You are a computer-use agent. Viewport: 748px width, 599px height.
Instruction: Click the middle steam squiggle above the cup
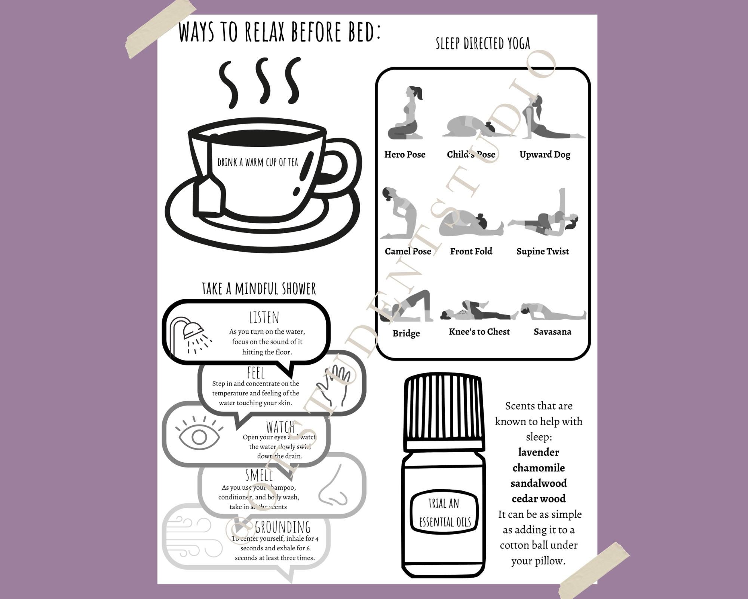pos(263,80)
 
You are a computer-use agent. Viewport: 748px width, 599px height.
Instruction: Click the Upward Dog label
pos(545,154)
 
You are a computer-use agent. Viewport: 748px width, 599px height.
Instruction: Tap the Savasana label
pos(552,332)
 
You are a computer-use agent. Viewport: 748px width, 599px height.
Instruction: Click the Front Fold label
pos(471,251)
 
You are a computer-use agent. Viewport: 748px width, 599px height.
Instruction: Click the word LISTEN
pos(264,317)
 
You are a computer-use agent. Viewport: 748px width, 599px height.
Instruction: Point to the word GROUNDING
pos(283,527)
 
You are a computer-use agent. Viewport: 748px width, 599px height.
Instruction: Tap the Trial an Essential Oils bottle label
pos(444,513)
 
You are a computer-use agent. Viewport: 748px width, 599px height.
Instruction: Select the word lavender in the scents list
pos(538,452)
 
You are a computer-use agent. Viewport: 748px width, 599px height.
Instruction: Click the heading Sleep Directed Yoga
pos(483,44)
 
